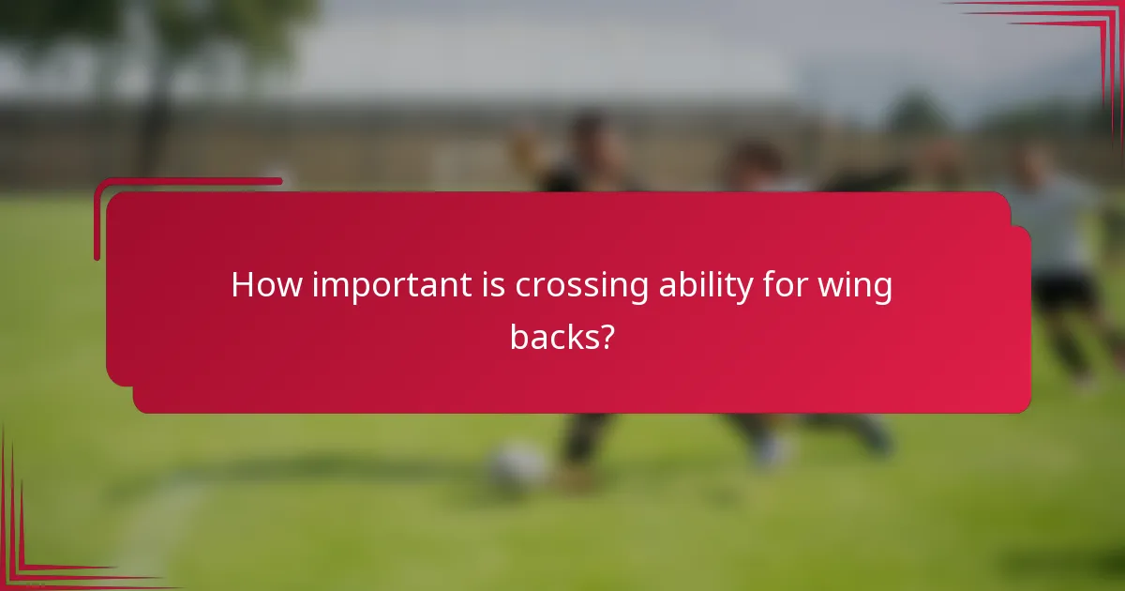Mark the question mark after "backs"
click(607, 336)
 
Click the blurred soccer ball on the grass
click(517, 465)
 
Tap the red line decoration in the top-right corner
click(1078, 28)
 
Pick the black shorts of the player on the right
click(1064, 291)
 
